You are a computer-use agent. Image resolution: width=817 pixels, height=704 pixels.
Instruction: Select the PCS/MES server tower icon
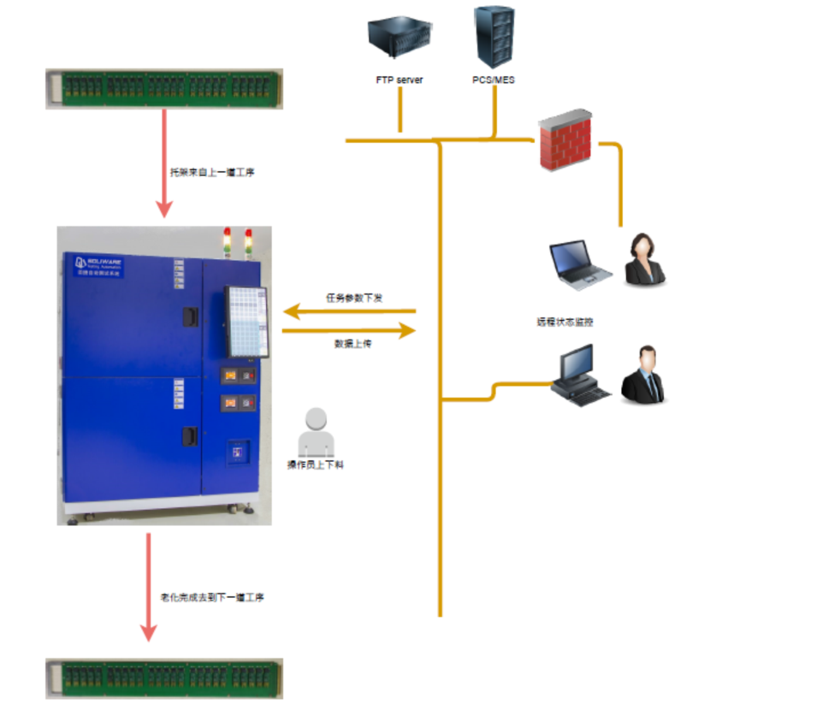click(x=494, y=38)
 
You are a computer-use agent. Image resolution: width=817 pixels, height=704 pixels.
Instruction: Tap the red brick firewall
click(x=565, y=141)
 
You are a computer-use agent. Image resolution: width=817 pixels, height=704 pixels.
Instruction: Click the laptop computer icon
click(x=578, y=262)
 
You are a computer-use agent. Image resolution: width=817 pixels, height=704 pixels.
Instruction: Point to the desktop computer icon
click(x=578, y=375)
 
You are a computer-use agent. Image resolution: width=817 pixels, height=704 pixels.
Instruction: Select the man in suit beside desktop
click(x=642, y=374)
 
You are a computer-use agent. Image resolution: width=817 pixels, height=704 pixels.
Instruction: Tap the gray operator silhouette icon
click(x=316, y=432)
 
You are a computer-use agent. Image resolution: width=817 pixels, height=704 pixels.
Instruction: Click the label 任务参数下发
click(x=352, y=298)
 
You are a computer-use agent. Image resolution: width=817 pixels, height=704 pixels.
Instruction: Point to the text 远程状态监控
click(x=565, y=322)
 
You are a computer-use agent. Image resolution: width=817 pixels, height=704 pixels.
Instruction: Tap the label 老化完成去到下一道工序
click(x=212, y=597)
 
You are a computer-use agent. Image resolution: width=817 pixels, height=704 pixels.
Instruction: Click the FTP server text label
click(x=399, y=80)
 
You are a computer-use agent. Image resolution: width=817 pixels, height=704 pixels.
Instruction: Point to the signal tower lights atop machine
click(x=238, y=243)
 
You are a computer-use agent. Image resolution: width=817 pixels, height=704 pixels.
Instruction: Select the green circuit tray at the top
click(x=163, y=89)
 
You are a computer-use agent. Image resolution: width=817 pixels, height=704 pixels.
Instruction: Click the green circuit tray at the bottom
click(x=163, y=678)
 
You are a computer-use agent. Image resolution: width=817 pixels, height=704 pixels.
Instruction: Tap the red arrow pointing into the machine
click(x=163, y=163)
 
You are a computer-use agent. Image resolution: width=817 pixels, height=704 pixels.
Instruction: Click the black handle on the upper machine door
click(x=187, y=317)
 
